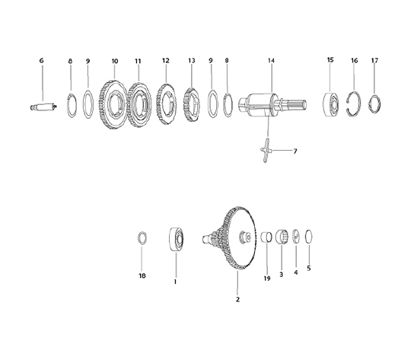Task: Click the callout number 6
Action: click(41, 59)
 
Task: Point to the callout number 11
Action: click(138, 59)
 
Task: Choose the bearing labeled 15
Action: click(329, 102)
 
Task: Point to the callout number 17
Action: click(374, 59)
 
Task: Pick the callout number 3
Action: click(281, 274)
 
